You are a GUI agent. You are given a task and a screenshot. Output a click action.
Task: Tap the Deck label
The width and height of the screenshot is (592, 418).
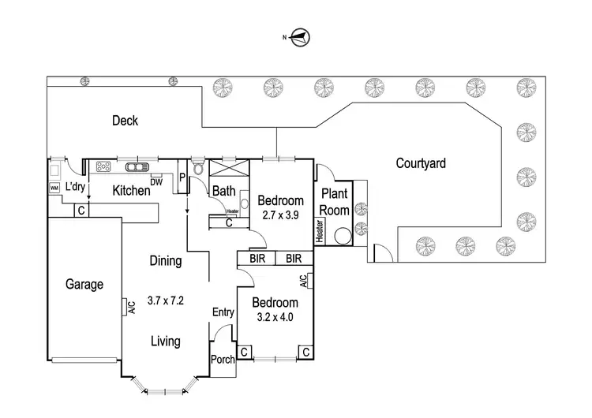coord(125,121)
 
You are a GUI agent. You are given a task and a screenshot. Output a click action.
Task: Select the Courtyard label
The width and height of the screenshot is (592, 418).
coord(421,164)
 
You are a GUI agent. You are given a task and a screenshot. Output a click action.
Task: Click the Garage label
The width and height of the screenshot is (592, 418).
coord(84,285)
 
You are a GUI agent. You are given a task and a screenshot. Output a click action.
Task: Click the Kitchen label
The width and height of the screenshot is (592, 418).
coord(131,190)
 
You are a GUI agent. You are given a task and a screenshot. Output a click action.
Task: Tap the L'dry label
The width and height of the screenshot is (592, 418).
coord(75,186)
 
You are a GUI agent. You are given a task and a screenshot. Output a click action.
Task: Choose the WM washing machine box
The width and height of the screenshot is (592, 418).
coord(54,188)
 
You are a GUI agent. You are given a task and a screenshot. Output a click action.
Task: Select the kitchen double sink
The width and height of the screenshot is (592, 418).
coord(137,166)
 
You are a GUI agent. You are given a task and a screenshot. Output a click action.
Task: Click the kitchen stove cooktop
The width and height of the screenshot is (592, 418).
coord(103,166)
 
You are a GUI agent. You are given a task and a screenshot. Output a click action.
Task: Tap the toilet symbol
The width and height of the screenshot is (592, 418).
coord(198,167)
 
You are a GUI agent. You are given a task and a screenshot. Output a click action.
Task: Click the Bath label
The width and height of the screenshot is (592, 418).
coord(223,190)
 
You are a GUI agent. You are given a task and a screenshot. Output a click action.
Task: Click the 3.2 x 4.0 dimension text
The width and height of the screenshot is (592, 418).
coord(275,317)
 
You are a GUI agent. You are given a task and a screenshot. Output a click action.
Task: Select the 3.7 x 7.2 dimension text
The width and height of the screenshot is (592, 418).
coord(165,300)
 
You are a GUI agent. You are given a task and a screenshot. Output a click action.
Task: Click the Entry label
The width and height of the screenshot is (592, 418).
coord(223,312)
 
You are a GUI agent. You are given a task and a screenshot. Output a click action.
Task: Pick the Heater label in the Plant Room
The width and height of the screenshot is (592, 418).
coord(320,231)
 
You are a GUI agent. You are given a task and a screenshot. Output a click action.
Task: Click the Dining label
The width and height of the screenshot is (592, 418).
coord(166,261)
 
